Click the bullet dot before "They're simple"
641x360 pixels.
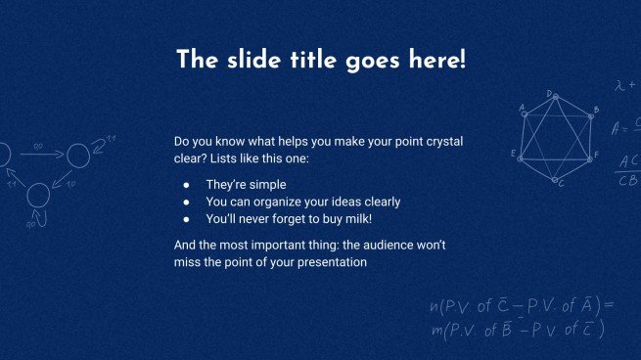pos(186,184)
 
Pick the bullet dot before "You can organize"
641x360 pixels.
pos(186,202)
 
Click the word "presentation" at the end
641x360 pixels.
pos(330,262)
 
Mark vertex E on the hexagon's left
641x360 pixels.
pos(520,153)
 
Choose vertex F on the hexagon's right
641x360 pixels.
pos(590,153)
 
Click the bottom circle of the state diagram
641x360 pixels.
pos(37,196)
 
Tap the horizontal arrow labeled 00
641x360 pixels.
pos(39,153)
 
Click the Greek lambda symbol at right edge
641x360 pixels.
pos(619,86)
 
